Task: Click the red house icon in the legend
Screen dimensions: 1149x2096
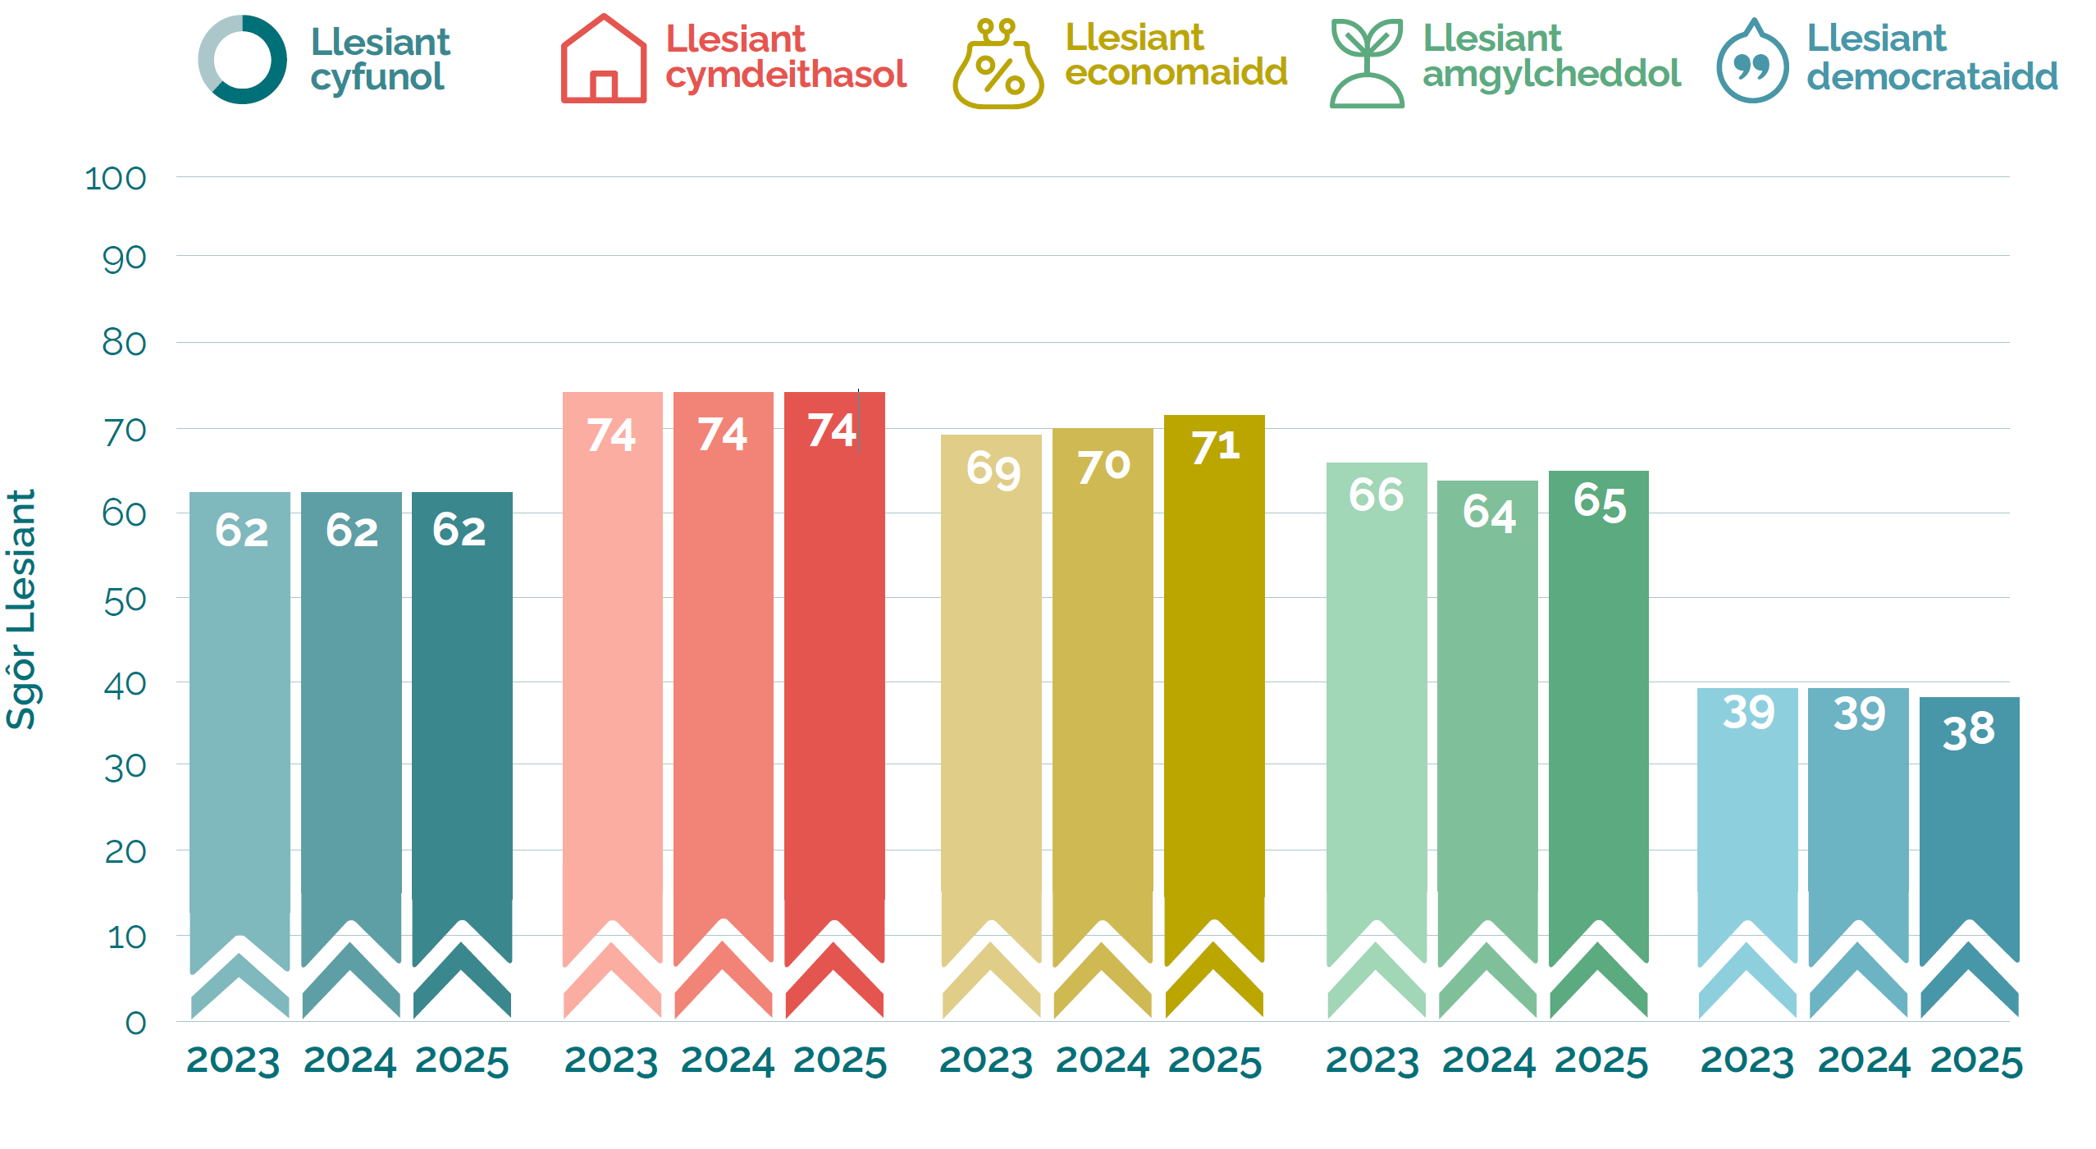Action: pos(603,60)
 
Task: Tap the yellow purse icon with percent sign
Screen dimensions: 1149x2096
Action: pos(998,66)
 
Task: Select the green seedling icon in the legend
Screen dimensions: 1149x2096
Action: pos(1366,63)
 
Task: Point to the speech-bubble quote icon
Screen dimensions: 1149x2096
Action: pos(1751,64)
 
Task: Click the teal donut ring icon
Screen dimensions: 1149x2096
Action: pos(243,60)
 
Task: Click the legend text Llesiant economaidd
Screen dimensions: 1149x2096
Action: pos(1176,55)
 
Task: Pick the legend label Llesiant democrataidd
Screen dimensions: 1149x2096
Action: pos(1932,57)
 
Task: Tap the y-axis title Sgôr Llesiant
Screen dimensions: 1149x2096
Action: pos(22,609)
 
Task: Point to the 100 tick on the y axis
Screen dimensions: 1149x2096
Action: pos(116,179)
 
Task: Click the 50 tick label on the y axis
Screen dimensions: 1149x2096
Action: pos(126,601)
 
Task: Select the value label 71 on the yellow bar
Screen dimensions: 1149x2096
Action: pos(1215,448)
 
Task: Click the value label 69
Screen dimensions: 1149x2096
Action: pos(993,469)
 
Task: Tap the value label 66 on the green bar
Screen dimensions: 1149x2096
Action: pos(1376,495)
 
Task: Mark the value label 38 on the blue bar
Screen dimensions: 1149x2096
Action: pos(1968,731)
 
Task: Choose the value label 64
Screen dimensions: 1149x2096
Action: pos(1488,513)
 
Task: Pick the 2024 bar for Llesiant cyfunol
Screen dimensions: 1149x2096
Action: pos(351,722)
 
